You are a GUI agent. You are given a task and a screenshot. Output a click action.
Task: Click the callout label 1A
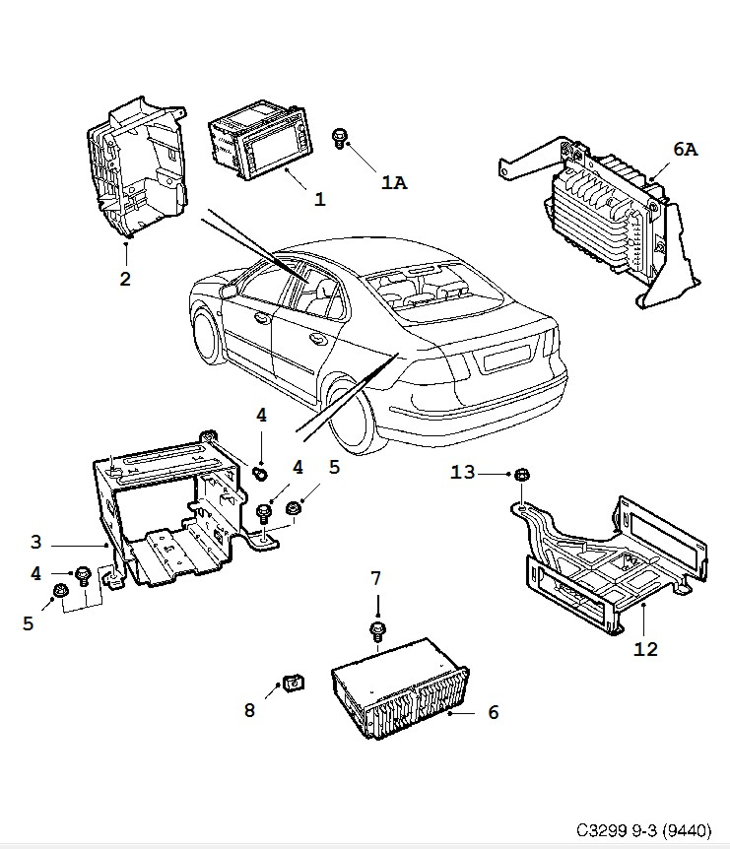[x=394, y=183]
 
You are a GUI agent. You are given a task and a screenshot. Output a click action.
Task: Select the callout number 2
[x=125, y=280]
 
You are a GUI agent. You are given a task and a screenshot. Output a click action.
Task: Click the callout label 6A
[x=685, y=149]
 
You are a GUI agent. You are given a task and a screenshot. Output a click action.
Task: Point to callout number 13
[x=463, y=473]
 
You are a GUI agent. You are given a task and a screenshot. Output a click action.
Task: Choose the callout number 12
[x=645, y=649]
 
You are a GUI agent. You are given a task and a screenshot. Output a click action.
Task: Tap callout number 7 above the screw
[x=375, y=578]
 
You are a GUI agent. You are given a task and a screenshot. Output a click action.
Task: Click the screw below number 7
[x=377, y=631]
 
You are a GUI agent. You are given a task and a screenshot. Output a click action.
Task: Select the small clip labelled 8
[x=294, y=684]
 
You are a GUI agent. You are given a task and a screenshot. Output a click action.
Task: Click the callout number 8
[x=249, y=710]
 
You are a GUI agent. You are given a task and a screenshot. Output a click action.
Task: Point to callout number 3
[x=35, y=542]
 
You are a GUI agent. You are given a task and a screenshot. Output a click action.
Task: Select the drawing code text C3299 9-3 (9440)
[x=643, y=830]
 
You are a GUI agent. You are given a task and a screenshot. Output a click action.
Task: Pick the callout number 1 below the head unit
[x=320, y=199]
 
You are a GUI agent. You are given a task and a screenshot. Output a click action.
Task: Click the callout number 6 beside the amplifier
[x=493, y=712]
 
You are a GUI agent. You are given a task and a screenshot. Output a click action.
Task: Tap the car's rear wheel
[x=350, y=417]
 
